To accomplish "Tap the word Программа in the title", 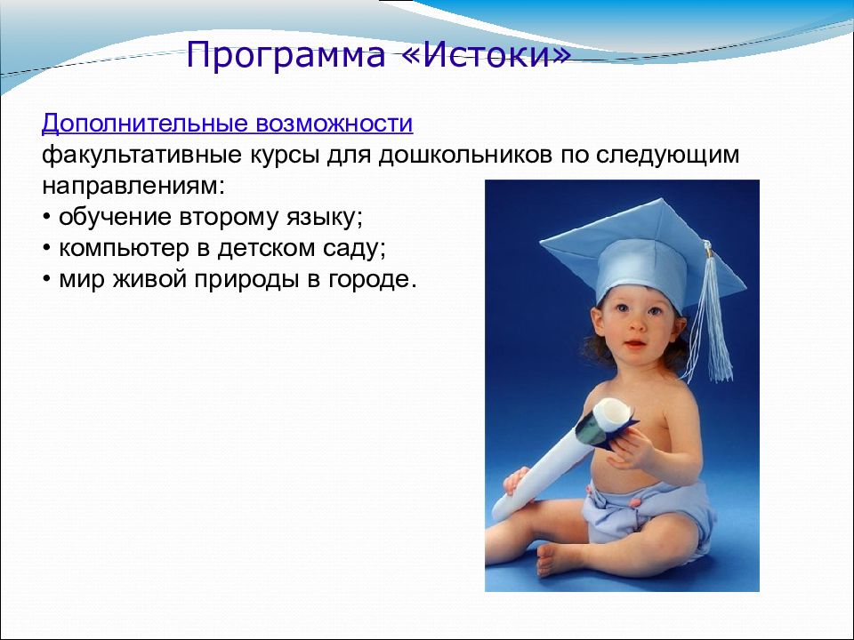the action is click(286, 56).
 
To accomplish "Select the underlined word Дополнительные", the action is click(145, 124).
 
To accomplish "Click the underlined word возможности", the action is click(334, 124).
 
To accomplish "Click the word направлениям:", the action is click(133, 187).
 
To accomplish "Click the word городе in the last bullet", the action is click(372, 279).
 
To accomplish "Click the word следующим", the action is click(668, 156).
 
